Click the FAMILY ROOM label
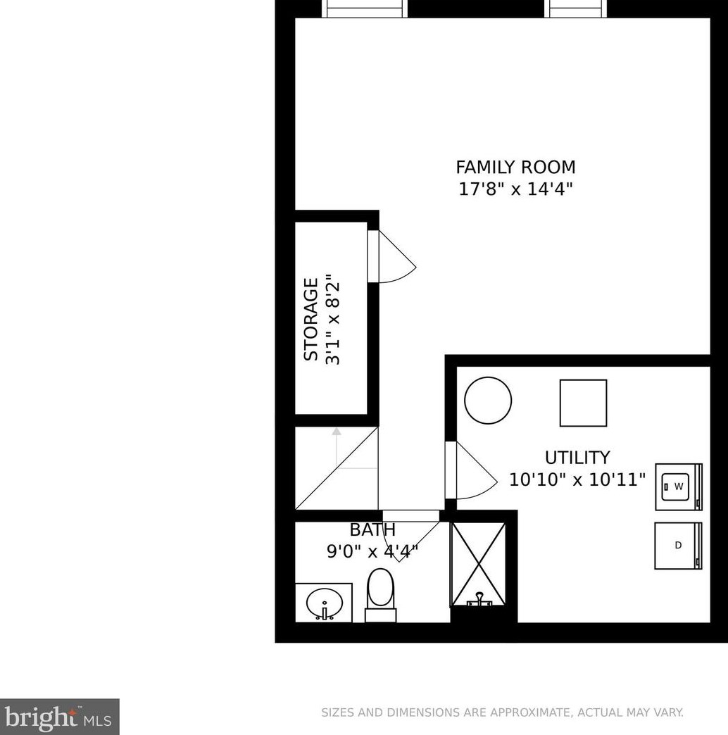[x=515, y=168]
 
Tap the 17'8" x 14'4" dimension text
[x=515, y=189]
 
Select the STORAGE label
[x=310, y=320]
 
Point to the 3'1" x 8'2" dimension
[x=333, y=320]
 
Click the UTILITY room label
[x=577, y=458]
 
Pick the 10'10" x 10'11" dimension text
[x=577, y=480]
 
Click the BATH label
[x=372, y=530]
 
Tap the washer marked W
[x=679, y=486]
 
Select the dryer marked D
[x=679, y=545]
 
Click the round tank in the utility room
[x=488, y=401]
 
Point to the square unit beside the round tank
[x=583, y=403]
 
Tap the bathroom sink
[x=325, y=603]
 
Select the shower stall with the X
[x=478, y=563]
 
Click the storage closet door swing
[x=396, y=258]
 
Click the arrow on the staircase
[x=337, y=432]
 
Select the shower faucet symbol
[x=479, y=599]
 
